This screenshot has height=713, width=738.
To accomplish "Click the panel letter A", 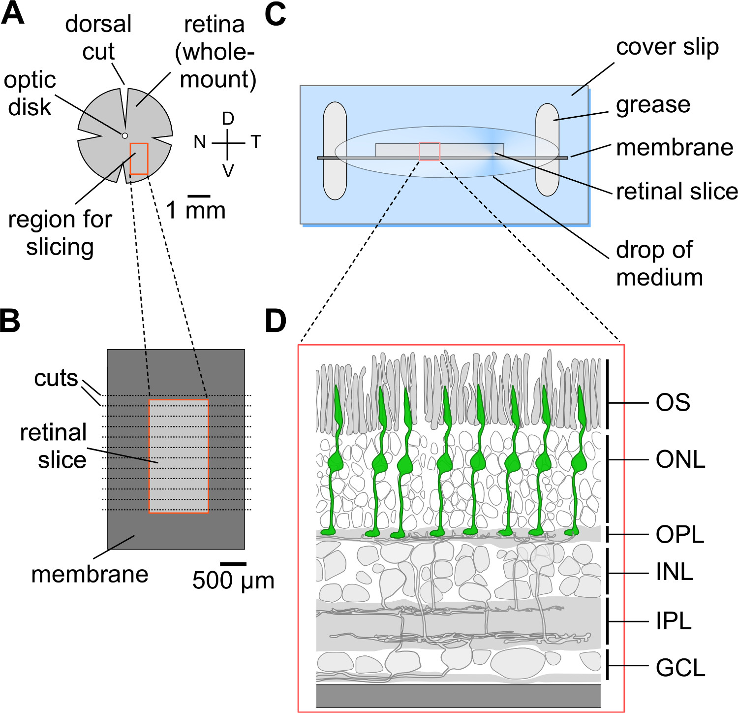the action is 13,13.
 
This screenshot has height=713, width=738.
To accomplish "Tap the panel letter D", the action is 276,321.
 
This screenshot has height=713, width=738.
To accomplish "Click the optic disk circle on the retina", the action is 125,135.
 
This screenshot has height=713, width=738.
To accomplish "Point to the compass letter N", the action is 200,142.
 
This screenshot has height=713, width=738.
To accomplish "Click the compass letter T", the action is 256,142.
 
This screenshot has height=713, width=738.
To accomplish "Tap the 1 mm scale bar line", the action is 199,196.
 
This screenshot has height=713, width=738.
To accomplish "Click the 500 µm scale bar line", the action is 233,564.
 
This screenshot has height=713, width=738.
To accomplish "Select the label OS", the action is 673,403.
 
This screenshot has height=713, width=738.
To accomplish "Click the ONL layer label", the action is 680,460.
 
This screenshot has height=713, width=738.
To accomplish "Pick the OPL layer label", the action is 680,535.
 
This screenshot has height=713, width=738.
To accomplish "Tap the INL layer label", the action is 675,572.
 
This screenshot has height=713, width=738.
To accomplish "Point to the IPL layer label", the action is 674,621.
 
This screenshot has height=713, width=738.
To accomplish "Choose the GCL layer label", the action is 680,668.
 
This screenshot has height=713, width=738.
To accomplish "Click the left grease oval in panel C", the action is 335,151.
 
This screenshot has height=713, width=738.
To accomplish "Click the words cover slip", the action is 667,47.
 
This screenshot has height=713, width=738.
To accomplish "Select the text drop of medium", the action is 659,263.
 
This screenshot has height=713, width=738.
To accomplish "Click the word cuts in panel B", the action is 56,379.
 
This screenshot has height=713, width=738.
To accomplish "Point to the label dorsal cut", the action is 98,37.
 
